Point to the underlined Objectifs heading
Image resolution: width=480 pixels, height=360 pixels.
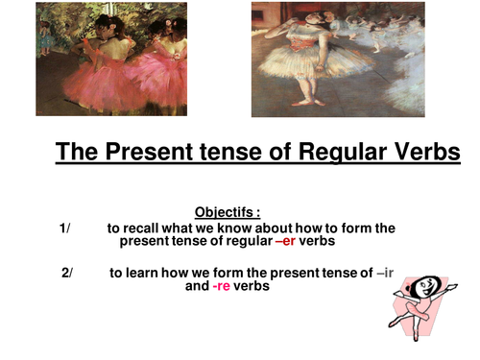pos(228,212)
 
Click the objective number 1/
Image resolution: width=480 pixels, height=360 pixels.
pos(64,228)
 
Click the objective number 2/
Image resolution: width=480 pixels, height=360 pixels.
pos(66,273)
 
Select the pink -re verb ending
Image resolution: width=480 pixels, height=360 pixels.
pos(222,286)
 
